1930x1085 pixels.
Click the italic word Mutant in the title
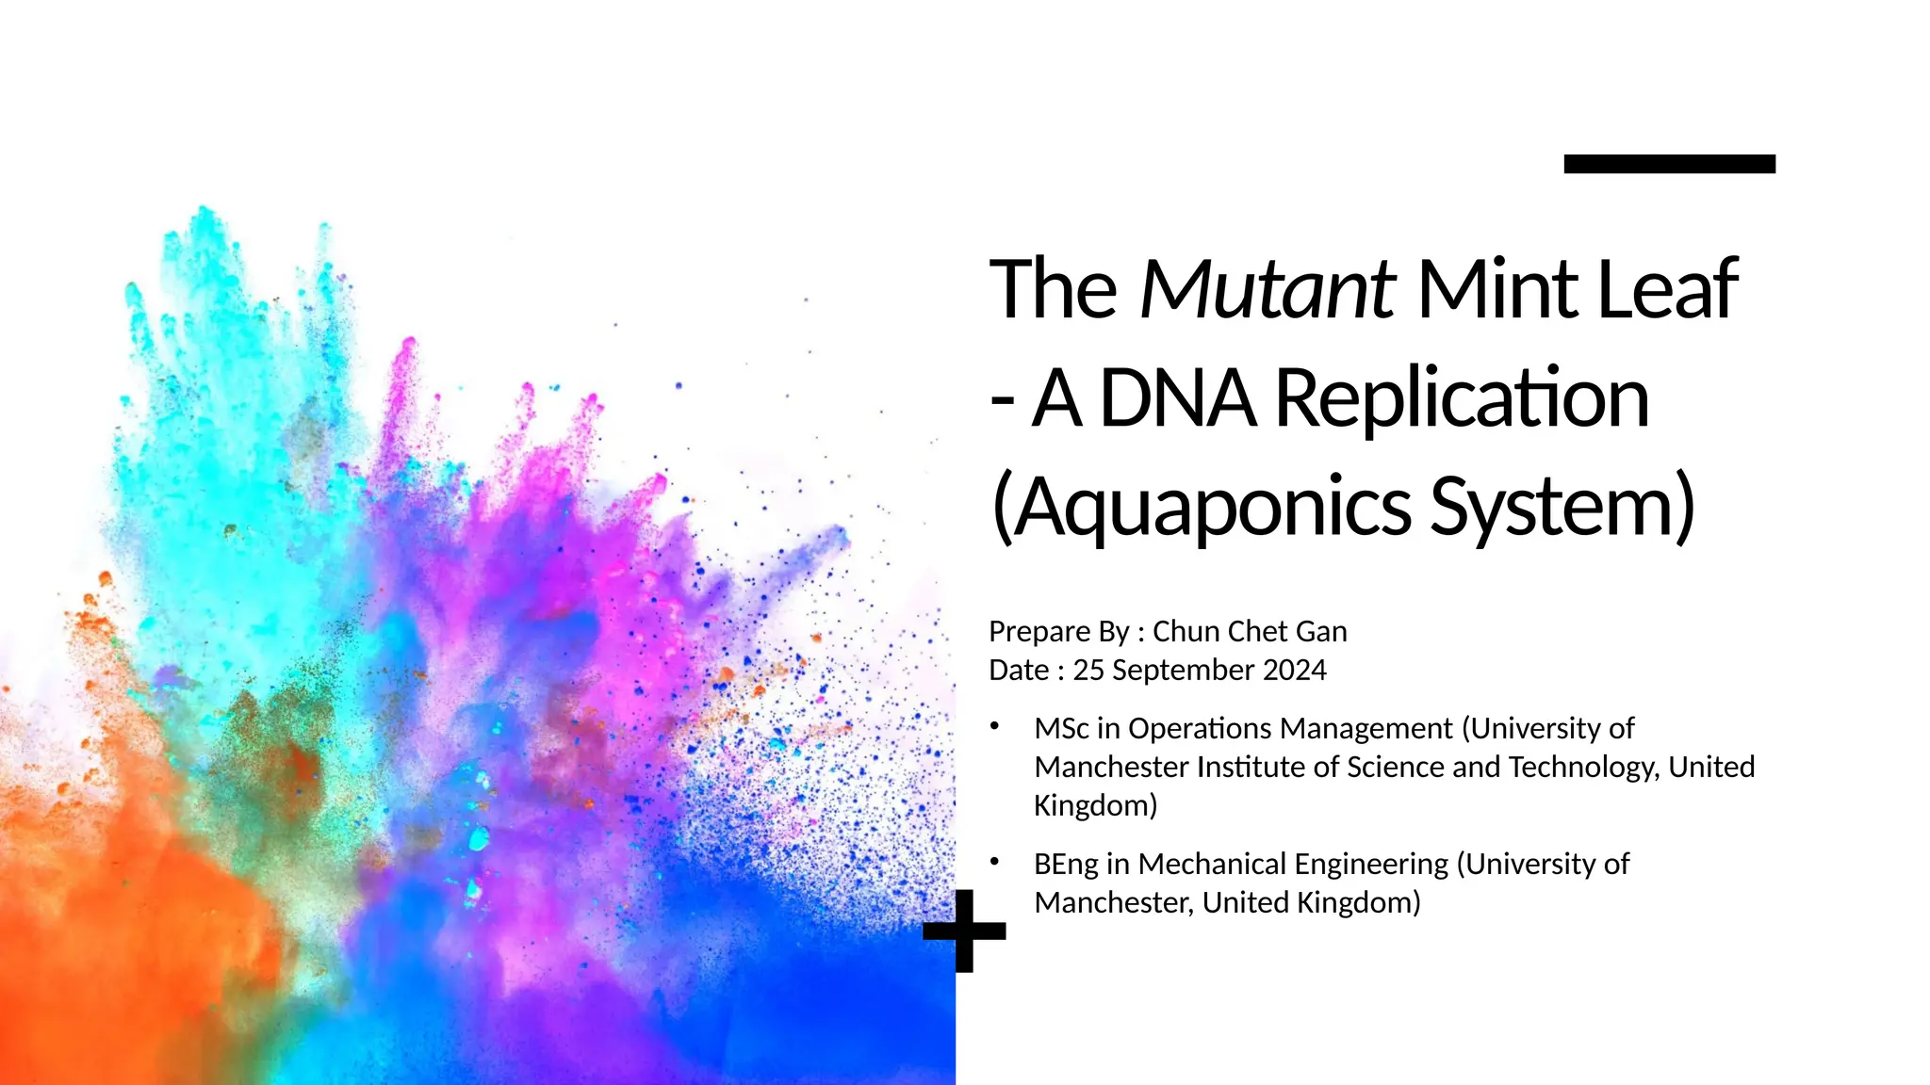1267,289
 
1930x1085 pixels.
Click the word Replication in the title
1462,398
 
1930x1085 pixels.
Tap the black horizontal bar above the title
1669,164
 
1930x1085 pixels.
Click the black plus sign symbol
964,931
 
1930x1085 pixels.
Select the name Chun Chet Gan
1250,631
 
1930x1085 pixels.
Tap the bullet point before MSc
994,726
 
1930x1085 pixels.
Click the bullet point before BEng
994,861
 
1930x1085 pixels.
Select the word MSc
1061,728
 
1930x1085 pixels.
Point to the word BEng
1066,864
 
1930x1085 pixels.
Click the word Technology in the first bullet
1583,767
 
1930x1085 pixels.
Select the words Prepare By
1058,631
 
